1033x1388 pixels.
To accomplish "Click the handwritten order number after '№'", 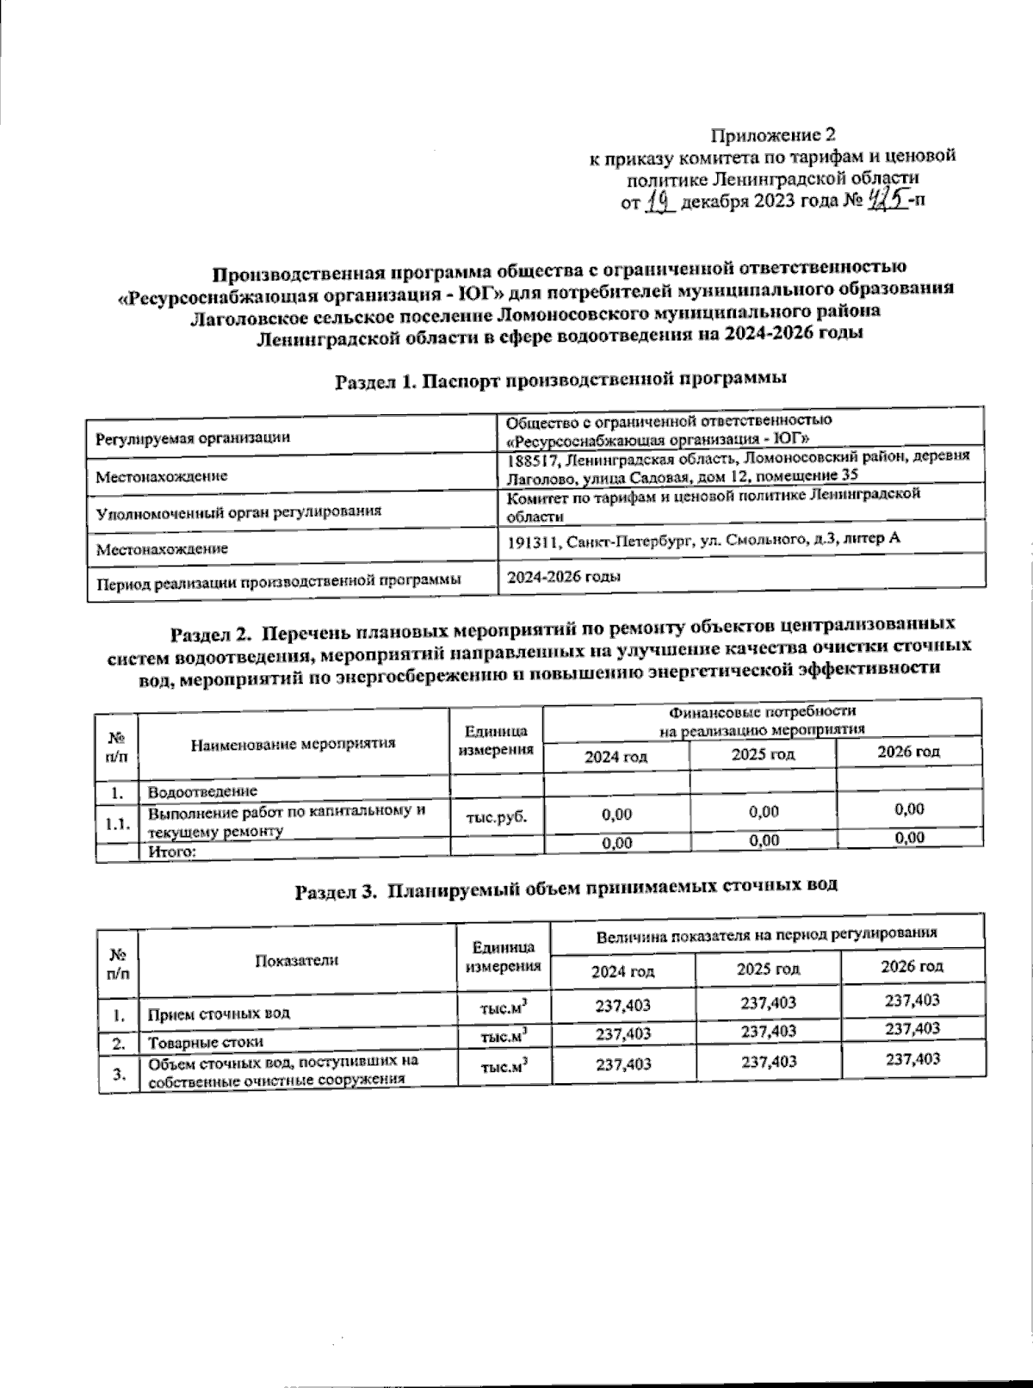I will tap(888, 201).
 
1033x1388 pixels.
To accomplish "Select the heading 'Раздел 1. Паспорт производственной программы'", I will tap(561, 379).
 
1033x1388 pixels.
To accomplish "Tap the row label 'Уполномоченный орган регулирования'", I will tap(238, 511).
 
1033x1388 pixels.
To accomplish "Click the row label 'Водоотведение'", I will tap(203, 790).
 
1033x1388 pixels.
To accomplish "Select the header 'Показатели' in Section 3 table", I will tap(295, 961).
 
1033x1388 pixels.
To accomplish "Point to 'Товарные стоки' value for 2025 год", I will tap(768, 1031).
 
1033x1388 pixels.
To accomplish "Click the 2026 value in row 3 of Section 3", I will tap(912, 1059).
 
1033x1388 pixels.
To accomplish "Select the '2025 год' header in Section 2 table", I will tap(763, 755).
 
